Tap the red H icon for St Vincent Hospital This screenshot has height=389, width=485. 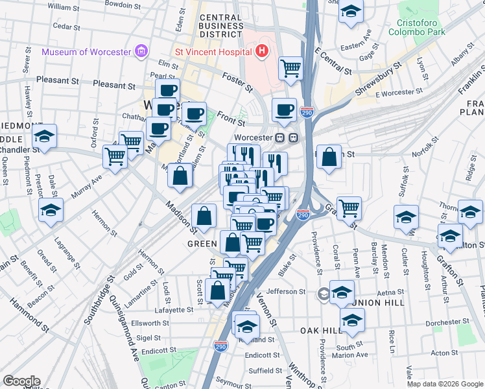pos(262,51)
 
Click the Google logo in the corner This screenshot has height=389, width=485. pos(21,381)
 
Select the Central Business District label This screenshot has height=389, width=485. pos(222,25)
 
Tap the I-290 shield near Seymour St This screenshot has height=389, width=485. pos(220,348)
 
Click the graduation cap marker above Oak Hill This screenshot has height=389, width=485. pos(352,320)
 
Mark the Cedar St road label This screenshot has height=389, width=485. pos(66,26)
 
